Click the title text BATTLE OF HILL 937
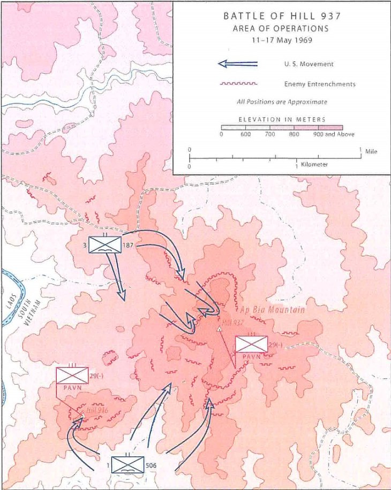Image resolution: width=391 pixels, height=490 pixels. point(282,16)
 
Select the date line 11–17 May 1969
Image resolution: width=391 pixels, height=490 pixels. point(281,40)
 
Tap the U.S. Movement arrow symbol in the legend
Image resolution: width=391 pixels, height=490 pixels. point(238,64)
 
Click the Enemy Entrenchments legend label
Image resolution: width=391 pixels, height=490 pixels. point(320,84)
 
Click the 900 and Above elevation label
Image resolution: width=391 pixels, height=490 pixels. point(334,134)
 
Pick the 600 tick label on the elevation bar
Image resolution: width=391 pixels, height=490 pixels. point(245,134)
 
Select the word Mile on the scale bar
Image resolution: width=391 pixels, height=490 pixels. point(371,152)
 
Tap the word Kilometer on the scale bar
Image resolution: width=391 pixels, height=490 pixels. point(314,164)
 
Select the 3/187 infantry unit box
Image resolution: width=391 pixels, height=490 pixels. point(105,244)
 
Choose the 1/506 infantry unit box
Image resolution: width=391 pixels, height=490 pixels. point(127,465)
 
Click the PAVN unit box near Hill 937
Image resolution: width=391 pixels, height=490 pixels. point(251,344)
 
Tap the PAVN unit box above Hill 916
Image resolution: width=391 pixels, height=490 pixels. point(72,376)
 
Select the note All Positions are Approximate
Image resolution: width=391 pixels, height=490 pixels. point(282,102)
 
